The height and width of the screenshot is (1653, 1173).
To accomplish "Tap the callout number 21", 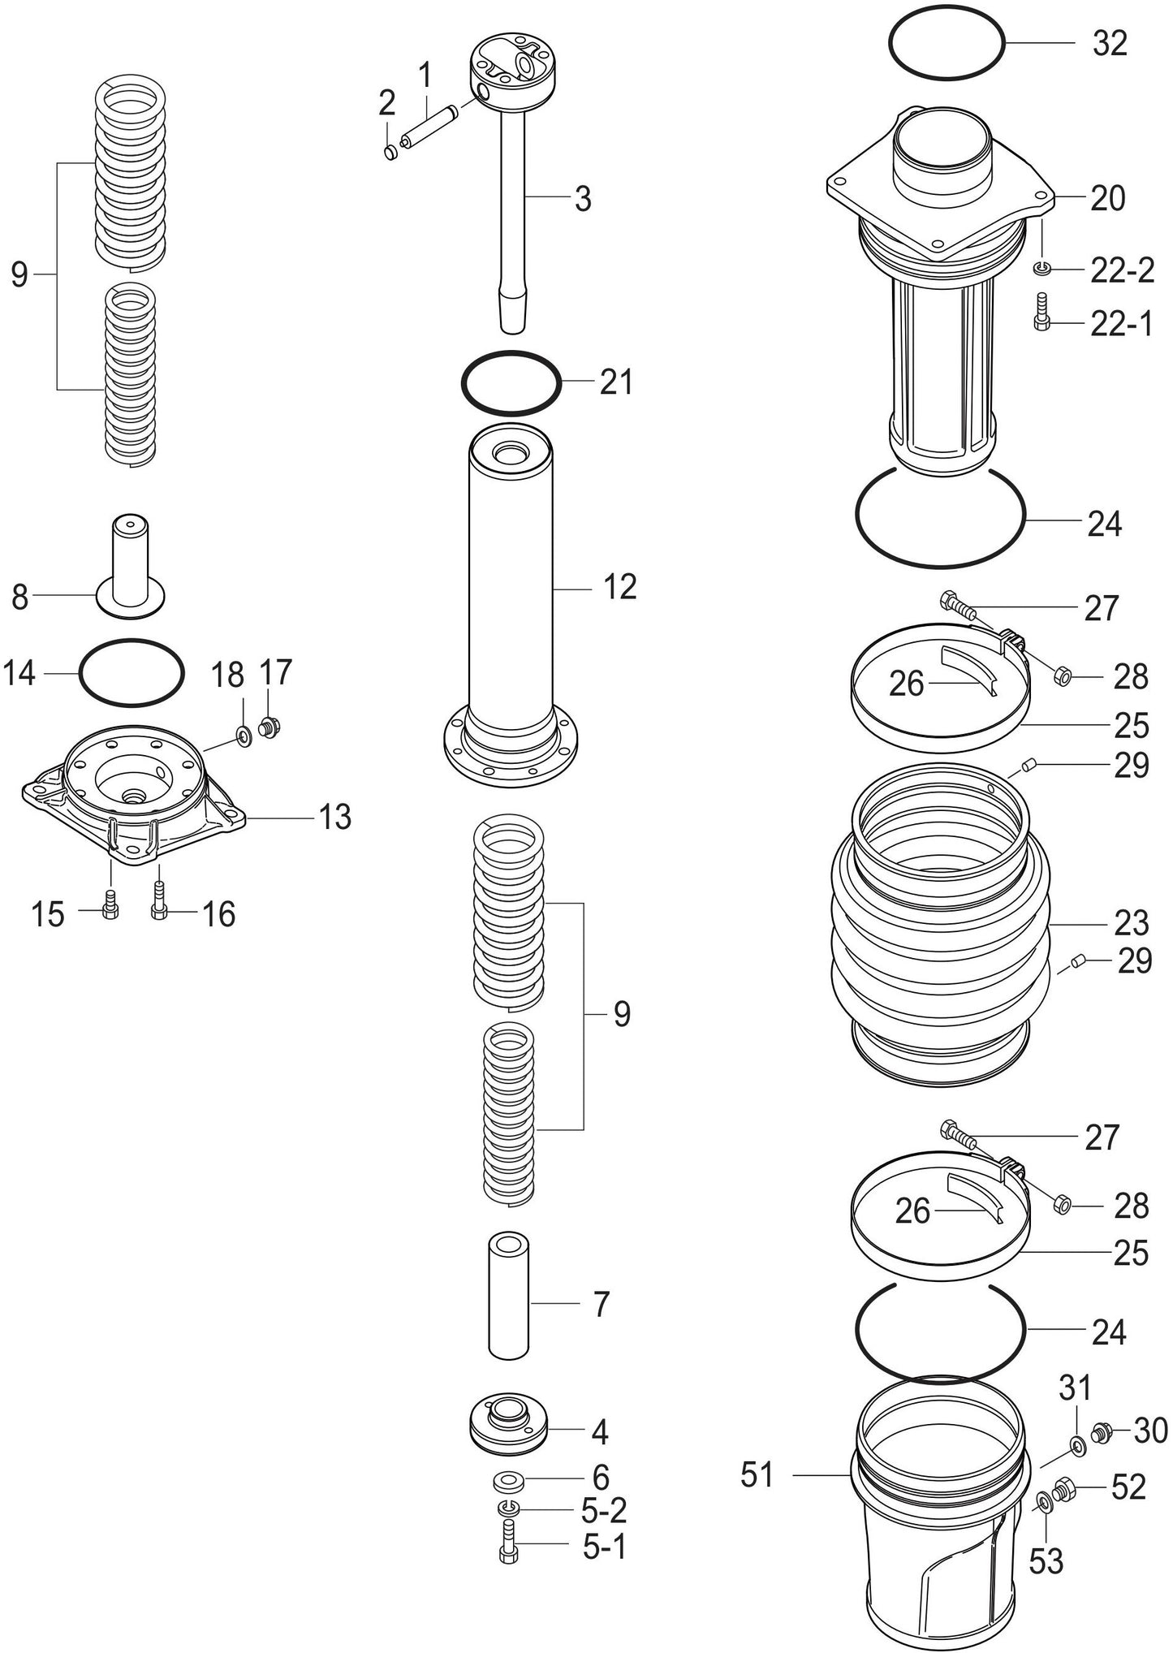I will tap(615, 382).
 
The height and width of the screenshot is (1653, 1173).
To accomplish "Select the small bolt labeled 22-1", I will tap(1042, 313).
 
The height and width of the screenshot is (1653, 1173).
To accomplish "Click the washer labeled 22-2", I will tap(1042, 268).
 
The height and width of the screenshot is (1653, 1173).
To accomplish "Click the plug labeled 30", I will tap(1102, 1433).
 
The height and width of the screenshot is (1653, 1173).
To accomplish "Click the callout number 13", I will tap(334, 817).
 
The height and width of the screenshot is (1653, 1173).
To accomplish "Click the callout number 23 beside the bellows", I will tap(1131, 924).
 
